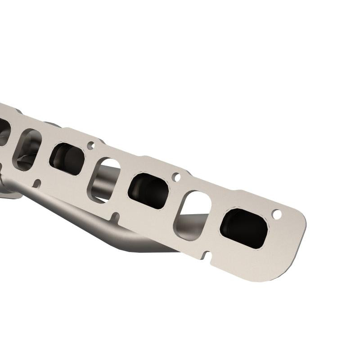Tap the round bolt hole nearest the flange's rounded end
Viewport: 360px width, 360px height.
(277, 215)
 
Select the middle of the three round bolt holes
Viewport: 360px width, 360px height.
(177, 177)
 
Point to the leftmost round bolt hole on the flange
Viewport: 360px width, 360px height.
(91, 145)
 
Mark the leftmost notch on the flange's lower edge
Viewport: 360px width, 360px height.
(37, 183)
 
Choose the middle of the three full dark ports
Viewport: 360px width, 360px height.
(148, 190)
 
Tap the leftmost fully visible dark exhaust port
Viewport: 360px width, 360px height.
(67, 159)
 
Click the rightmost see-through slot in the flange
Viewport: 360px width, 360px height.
(193, 215)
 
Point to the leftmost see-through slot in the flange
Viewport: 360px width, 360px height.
(27, 149)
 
